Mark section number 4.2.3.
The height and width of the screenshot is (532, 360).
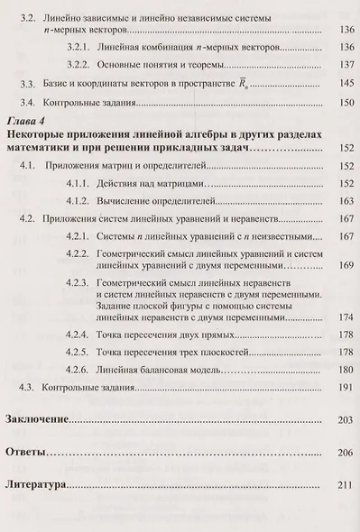[x=81, y=281]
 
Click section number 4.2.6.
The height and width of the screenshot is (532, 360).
[x=81, y=370]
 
